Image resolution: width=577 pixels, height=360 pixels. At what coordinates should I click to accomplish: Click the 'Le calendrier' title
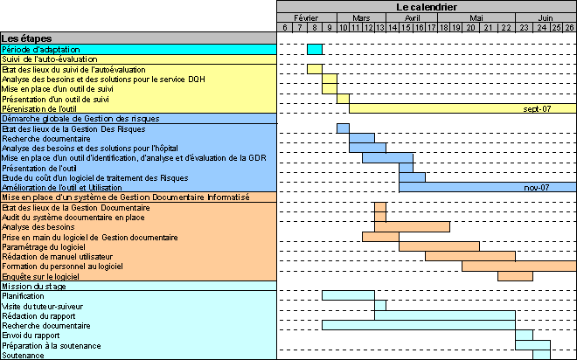tap(427, 7)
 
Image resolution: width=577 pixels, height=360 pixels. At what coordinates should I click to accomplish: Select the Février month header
tap(306, 18)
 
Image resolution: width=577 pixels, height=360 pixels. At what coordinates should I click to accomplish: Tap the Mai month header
tap(476, 18)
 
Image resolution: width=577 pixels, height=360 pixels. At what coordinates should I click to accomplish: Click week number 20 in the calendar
tap(470, 28)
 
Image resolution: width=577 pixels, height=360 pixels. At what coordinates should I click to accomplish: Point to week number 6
tap(285, 28)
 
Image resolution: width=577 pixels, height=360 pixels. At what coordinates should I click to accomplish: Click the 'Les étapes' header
tap(26, 38)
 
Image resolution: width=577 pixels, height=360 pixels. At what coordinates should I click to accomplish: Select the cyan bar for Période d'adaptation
tap(315, 49)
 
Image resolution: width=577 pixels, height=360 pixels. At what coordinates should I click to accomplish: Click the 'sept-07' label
tap(537, 109)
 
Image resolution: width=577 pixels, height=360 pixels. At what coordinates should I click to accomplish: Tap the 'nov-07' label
tap(537, 188)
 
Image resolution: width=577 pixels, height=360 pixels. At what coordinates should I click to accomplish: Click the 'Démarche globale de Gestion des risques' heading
tap(80, 119)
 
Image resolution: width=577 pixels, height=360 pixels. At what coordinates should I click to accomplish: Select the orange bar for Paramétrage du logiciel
tap(439, 246)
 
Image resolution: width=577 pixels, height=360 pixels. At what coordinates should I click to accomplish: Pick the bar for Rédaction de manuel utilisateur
tap(470, 256)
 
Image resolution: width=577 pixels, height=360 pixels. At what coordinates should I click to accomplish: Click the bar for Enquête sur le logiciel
tap(515, 276)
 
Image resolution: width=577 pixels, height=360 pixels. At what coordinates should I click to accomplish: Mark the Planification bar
tap(348, 295)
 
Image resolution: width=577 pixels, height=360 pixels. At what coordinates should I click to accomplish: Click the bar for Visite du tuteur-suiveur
tap(380, 306)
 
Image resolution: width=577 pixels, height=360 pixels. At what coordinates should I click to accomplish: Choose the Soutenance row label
tap(23, 356)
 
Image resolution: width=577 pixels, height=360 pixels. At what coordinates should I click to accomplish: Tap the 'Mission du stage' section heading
tap(34, 287)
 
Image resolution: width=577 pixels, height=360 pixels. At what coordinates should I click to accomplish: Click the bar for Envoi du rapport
tap(524, 335)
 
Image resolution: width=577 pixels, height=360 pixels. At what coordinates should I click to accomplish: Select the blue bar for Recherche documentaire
tap(362, 138)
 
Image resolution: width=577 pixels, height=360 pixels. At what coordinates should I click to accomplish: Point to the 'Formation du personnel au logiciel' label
tap(63, 267)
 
